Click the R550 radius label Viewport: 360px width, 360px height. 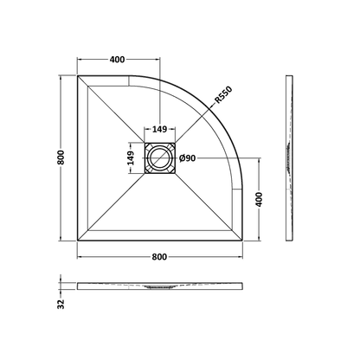[224, 95]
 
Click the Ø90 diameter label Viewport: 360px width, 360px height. [187, 158]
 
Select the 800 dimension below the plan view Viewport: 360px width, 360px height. [159, 257]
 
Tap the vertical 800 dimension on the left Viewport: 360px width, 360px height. [61, 157]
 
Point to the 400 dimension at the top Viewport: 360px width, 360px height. [118, 60]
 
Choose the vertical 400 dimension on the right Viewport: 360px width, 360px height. [260, 199]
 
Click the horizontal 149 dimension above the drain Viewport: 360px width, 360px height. [160, 130]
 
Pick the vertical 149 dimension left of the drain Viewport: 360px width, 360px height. [131, 158]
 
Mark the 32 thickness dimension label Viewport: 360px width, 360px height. [61, 305]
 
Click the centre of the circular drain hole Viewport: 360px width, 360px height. [159, 158]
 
